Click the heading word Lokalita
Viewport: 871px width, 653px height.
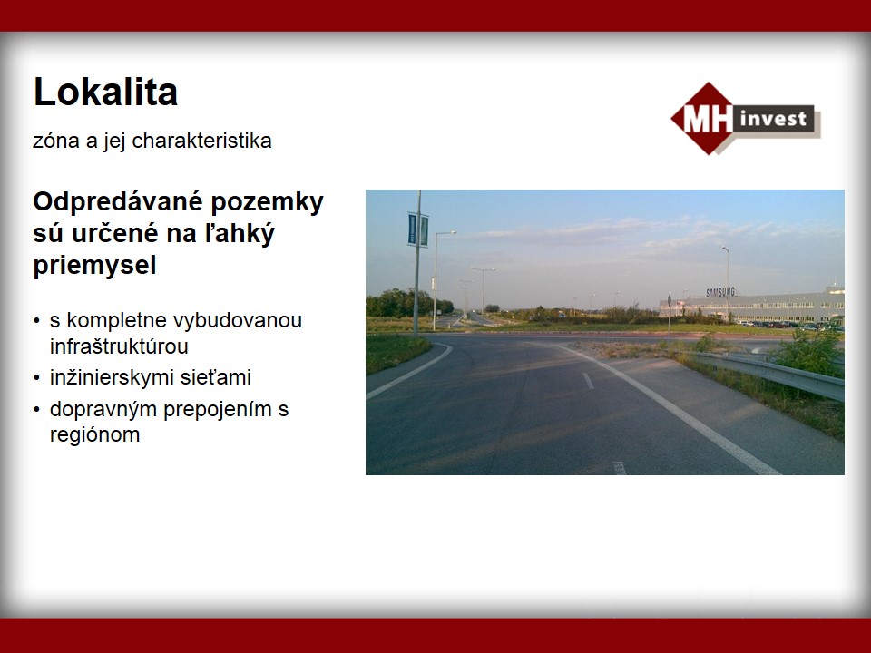click(x=105, y=92)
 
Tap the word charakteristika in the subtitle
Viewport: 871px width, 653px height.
click(x=201, y=141)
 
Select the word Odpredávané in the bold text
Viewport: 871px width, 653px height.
click(x=118, y=203)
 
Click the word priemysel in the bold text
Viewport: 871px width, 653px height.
click(x=94, y=265)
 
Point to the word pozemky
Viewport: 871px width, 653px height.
click(x=268, y=203)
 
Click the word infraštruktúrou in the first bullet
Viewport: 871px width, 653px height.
click(x=119, y=346)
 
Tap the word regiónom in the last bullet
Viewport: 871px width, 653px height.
click(x=94, y=435)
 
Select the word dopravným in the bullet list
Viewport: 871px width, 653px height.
click(x=103, y=410)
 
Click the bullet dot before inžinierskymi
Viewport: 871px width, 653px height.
click(x=36, y=378)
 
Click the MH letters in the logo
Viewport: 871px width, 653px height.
click(x=707, y=118)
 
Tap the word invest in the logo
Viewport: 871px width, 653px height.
click(x=773, y=118)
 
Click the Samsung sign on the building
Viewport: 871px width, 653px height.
click(x=720, y=292)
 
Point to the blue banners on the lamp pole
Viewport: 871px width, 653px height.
click(x=417, y=229)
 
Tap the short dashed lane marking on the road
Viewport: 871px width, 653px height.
click(x=588, y=380)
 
